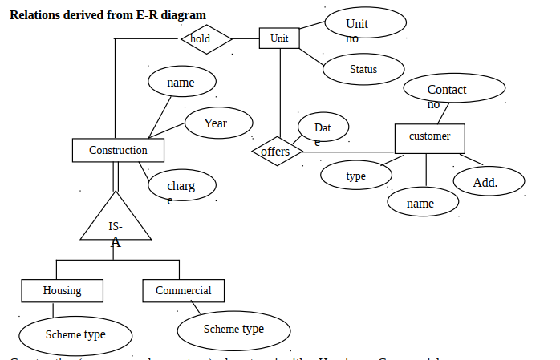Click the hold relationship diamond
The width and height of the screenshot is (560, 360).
pyautogui.click(x=207, y=38)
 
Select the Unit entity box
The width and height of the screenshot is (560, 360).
pyautogui.click(x=279, y=38)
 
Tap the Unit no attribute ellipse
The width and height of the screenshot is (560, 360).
pyautogui.click(x=364, y=24)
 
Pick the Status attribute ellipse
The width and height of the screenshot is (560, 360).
pyautogui.click(x=363, y=70)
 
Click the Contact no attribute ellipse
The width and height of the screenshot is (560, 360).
pyautogui.click(x=447, y=90)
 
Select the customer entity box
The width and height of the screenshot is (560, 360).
pyautogui.click(x=429, y=137)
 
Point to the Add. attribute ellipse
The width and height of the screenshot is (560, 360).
pyautogui.click(x=489, y=182)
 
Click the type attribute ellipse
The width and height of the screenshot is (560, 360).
pyautogui.click(x=355, y=176)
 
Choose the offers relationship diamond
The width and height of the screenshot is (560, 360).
pyautogui.click(x=276, y=151)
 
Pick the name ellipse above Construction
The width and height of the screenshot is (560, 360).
pyautogui.click(x=182, y=83)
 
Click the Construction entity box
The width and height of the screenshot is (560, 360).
pyautogui.click(x=118, y=150)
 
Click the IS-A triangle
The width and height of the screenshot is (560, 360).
pyautogui.click(x=116, y=223)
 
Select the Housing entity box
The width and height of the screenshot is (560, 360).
pyautogui.click(x=62, y=290)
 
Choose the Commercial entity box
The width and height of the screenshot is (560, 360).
pyautogui.click(x=183, y=290)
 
